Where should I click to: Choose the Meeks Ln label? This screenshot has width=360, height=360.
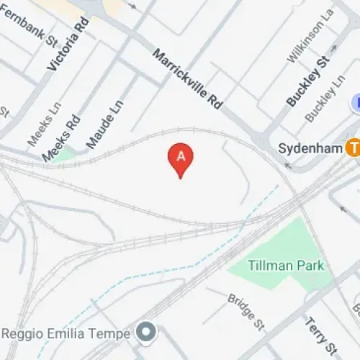click(x=37, y=127)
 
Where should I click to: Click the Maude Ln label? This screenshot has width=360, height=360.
click(x=105, y=124)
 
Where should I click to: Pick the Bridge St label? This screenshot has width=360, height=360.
click(x=245, y=310)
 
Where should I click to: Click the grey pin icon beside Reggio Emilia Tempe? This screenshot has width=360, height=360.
click(x=147, y=333)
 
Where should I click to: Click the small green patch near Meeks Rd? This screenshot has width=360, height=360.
click(x=66, y=154)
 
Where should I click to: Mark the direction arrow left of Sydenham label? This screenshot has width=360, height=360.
click(x=288, y=166)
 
